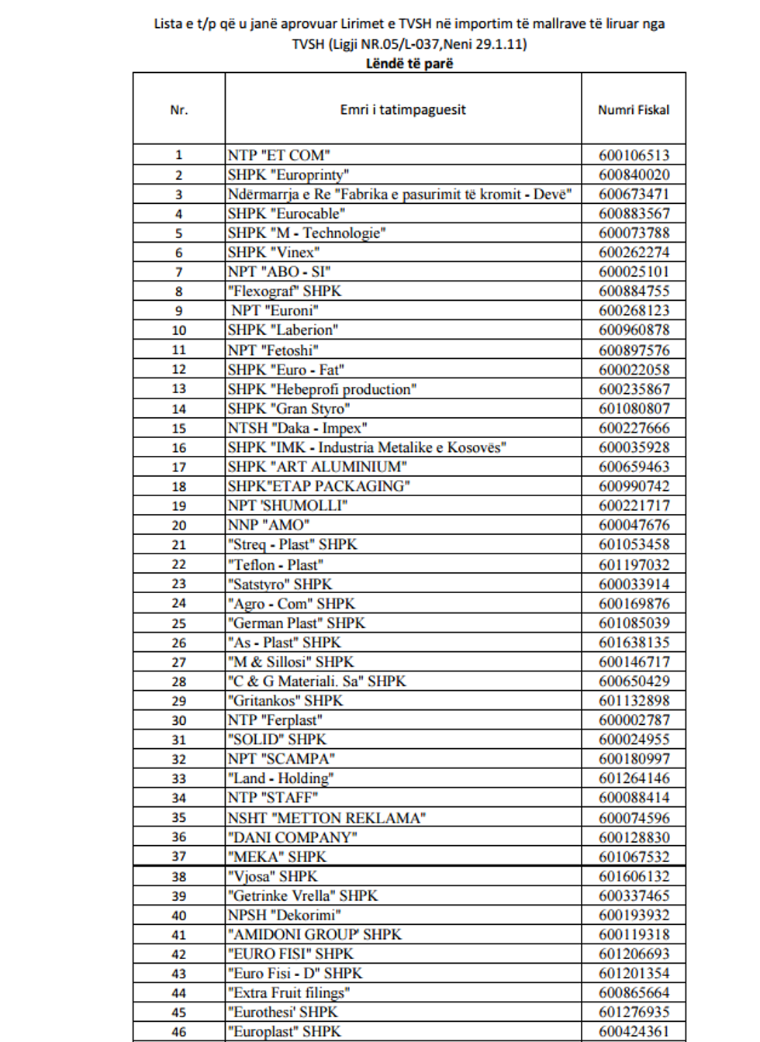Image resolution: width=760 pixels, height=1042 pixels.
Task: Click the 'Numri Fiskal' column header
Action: pyautogui.click(x=633, y=110)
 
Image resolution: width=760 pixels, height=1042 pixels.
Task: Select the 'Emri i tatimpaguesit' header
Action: pyautogui.click(x=402, y=110)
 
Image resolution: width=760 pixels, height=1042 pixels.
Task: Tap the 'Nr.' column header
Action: pyautogui.click(x=179, y=110)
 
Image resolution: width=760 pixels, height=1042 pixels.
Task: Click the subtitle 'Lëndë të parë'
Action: pyautogui.click(x=409, y=64)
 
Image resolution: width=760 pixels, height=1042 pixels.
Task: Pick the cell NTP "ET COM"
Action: pyautogui.click(x=279, y=155)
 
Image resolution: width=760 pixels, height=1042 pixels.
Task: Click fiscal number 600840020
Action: pyautogui.click(x=634, y=174)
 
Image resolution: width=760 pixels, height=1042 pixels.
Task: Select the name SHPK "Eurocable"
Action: pyautogui.click(x=287, y=213)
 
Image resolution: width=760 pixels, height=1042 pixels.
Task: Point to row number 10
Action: pyautogui.click(x=179, y=330)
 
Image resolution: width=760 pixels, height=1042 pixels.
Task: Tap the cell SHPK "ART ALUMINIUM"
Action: pyautogui.click(x=317, y=467)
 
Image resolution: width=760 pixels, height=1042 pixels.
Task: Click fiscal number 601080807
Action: pyautogui.click(x=634, y=409)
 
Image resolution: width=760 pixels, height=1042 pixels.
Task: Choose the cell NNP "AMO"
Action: pyautogui.click(x=269, y=525)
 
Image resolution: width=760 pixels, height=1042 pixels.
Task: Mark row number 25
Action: pyautogui.click(x=179, y=623)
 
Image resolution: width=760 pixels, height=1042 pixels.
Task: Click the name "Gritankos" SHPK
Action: pyautogui.click(x=285, y=701)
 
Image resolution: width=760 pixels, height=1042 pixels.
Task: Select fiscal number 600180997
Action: pyautogui.click(x=634, y=759)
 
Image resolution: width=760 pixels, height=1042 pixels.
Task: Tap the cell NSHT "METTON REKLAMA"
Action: pyautogui.click(x=326, y=818)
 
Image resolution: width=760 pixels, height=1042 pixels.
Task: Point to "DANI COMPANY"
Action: pyautogui.click(x=292, y=837)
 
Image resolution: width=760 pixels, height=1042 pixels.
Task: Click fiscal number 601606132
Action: pyautogui.click(x=634, y=876)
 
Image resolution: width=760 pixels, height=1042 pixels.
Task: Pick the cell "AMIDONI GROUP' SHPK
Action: pyautogui.click(x=315, y=934)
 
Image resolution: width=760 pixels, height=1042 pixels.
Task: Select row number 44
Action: pyautogui.click(x=179, y=993)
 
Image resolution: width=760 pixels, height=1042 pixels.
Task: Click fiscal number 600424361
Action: pyautogui.click(x=634, y=1031)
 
